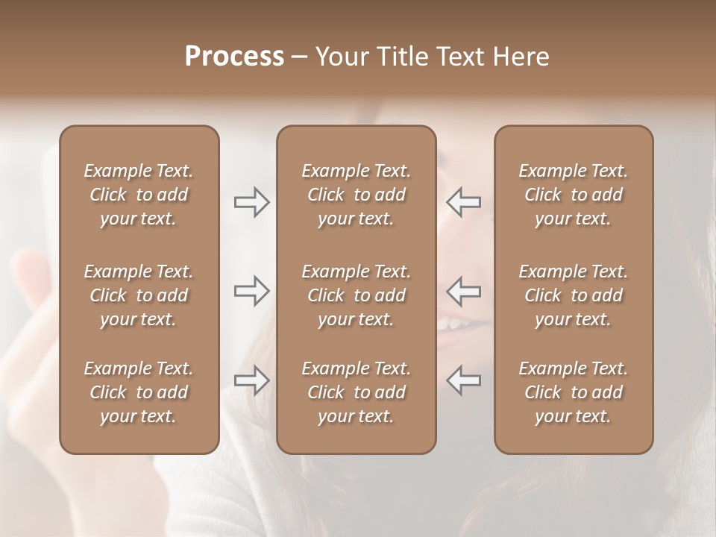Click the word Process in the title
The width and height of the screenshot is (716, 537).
(234, 57)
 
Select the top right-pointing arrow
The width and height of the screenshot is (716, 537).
(251, 202)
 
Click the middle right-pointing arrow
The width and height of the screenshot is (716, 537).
(251, 291)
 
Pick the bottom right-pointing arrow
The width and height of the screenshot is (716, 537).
(251, 380)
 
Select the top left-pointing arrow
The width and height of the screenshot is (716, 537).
(463, 202)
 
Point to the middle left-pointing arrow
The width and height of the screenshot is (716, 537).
(463, 291)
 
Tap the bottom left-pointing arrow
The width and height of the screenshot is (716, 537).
(463, 380)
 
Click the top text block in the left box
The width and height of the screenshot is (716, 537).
(139, 195)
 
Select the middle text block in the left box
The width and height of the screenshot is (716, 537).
(139, 295)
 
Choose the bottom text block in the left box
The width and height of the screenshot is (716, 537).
(139, 392)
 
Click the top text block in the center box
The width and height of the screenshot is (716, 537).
(356, 195)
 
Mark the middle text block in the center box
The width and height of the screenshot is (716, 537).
(356, 295)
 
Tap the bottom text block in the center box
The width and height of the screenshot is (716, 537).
(356, 392)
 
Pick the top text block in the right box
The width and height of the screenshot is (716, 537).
(573, 195)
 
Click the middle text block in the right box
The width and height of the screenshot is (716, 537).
(573, 295)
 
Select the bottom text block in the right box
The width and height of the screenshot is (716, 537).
(573, 392)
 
